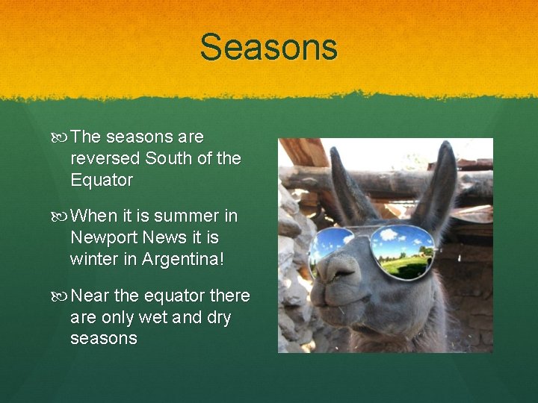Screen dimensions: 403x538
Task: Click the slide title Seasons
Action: pos(268,47)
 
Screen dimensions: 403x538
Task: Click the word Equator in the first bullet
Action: pos(102,180)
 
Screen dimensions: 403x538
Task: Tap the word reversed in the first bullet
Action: pos(105,158)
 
